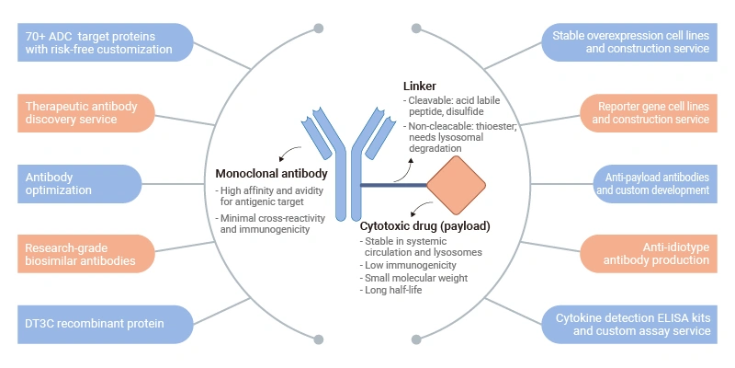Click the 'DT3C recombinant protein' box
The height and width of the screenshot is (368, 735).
pos(102,324)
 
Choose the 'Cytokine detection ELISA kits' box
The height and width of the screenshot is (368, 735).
pos(634,324)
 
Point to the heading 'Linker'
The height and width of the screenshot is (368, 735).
pos(420,86)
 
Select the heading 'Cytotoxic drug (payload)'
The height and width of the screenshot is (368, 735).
pos(424,226)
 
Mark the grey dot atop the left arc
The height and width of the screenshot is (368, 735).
pos(318,29)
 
